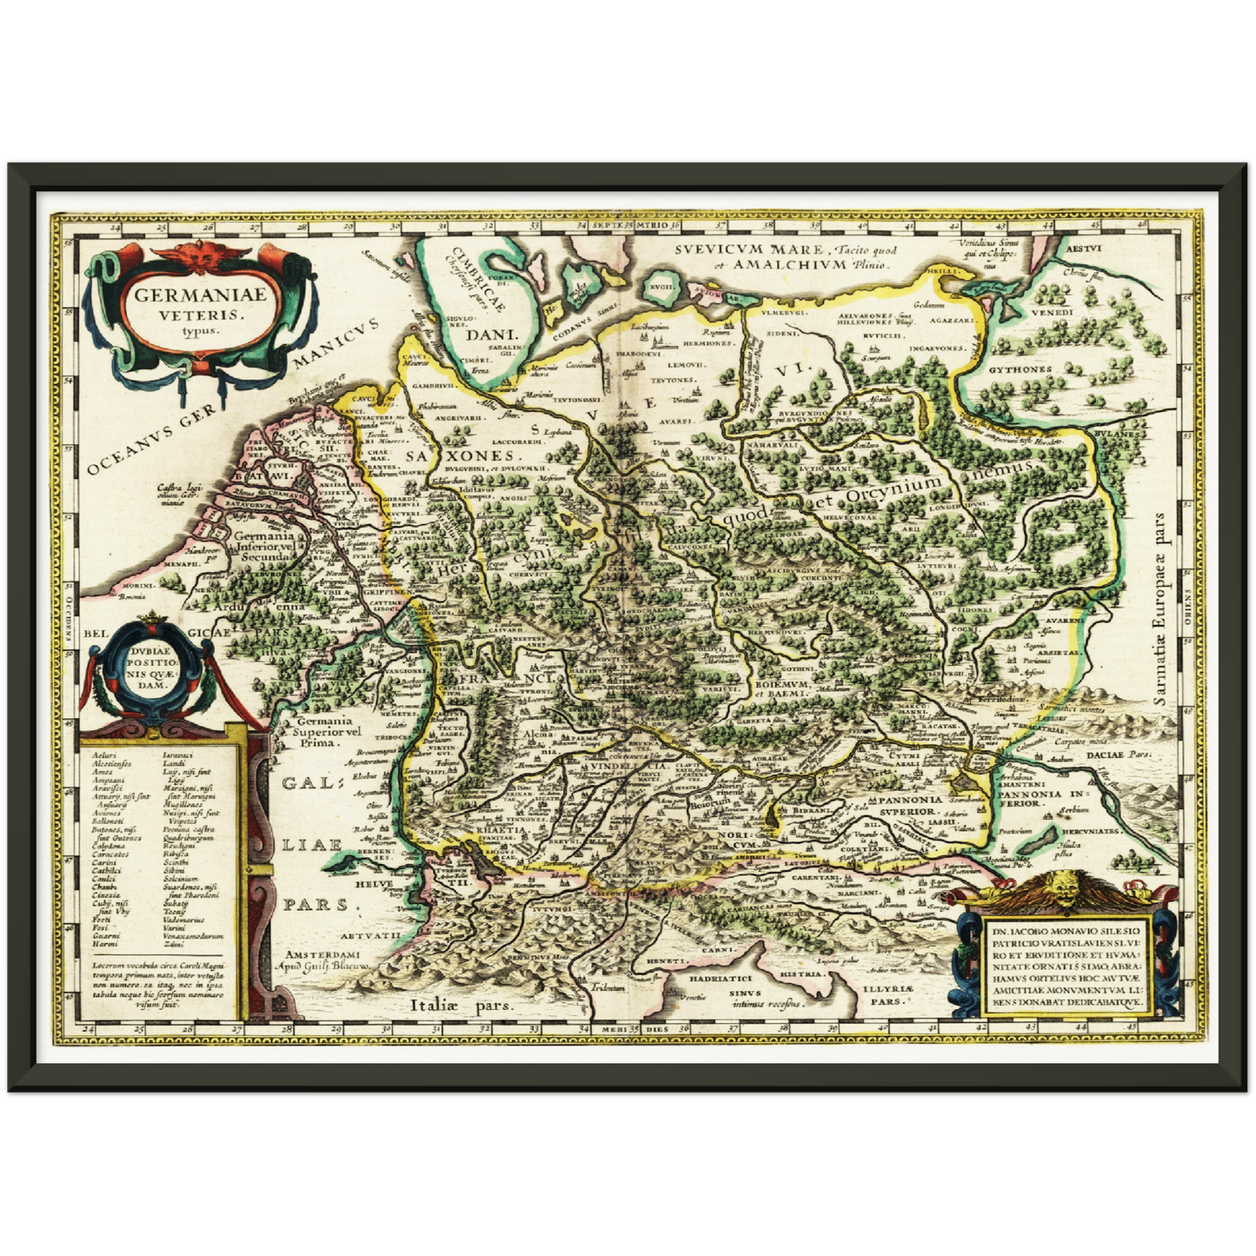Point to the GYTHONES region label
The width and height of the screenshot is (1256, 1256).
coord(1020,369)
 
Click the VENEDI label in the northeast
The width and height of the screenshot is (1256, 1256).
coord(1053,312)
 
